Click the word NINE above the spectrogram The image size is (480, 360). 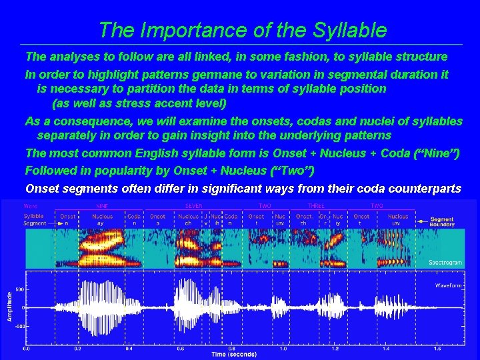(x=103, y=206)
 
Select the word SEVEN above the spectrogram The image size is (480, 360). (x=193, y=206)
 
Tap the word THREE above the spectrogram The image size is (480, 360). (x=316, y=206)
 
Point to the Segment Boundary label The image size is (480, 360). (x=443, y=222)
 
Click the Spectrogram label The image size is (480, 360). (x=446, y=263)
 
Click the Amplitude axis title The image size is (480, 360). (x=9, y=305)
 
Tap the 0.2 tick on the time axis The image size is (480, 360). (x=77, y=348)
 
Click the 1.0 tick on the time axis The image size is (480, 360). (x=283, y=348)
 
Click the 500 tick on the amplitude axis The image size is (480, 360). (x=20, y=290)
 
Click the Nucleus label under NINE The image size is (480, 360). (x=103, y=216)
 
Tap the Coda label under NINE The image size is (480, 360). (x=134, y=216)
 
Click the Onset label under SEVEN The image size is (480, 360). (x=157, y=216)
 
